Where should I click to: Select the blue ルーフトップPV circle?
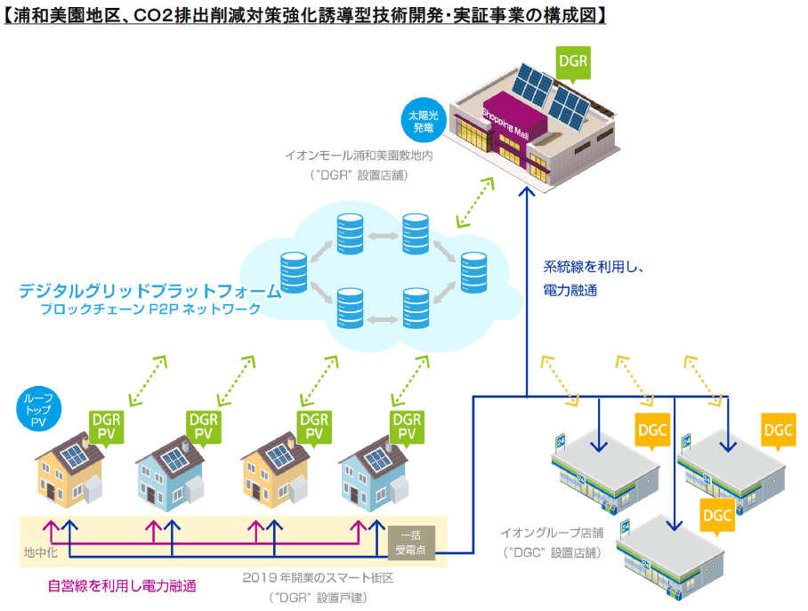(38, 409)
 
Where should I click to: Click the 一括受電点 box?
(411, 543)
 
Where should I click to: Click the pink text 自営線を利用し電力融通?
(122, 586)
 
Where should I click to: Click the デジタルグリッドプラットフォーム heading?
(149, 291)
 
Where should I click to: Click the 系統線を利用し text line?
(594, 267)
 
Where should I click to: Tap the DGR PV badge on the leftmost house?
(106, 426)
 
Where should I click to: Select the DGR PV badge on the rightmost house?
(406, 426)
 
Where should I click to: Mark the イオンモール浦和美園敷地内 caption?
(345, 155)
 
